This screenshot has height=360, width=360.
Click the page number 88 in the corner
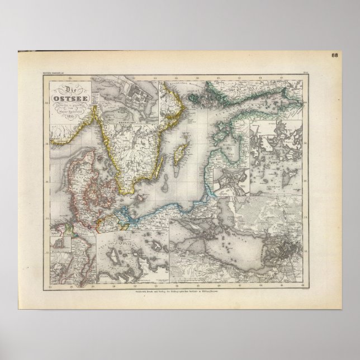point(334,55)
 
